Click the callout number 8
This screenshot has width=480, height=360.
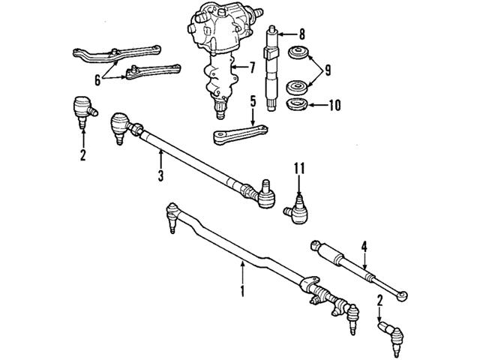point(301,34)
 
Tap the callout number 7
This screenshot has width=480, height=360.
point(253,67)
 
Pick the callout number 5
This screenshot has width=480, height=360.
point(253,100)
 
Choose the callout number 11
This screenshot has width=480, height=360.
point(300,171)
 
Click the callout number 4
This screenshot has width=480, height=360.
point(364,245)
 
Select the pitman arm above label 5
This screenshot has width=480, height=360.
point(232,135)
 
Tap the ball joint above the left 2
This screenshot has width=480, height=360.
point(81,108)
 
